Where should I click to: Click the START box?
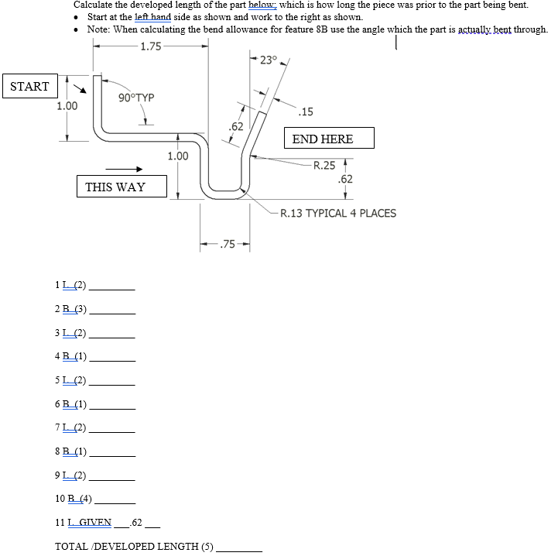point(29,87)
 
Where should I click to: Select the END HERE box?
point(323,139)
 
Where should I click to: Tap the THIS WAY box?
point(115,187)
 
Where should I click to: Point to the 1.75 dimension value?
point(151,46)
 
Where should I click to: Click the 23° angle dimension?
point(268,60)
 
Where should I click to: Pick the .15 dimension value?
point(306,112)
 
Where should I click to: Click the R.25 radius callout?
point(324,165)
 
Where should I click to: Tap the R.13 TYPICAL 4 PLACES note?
point(337,213)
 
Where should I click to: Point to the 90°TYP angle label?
point(136,98)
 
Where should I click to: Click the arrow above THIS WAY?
point(124,170)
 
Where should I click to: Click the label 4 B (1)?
point(70,356)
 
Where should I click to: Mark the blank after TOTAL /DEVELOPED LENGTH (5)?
point(239,547)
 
